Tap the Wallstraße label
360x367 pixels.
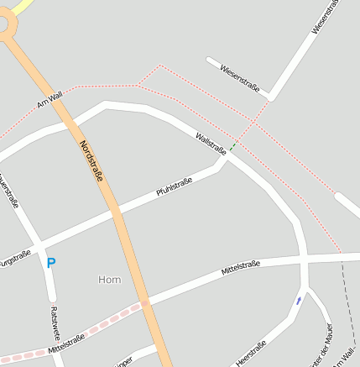tap(211, 143)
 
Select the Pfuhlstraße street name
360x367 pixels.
tap(175, 187)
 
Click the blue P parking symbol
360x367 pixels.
tap(50, 263)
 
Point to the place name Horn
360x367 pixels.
tap(109, 280)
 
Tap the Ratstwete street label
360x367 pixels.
tap(55, 322)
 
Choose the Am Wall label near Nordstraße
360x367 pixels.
tap(50, 102)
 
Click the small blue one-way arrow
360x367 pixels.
tap(300, 300)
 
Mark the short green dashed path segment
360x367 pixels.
tap(232, 148)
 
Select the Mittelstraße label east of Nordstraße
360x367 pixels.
tap(241, 269)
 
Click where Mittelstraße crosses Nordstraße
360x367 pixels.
tap(146, 303)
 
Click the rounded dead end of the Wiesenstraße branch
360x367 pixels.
tap(210, 60)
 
